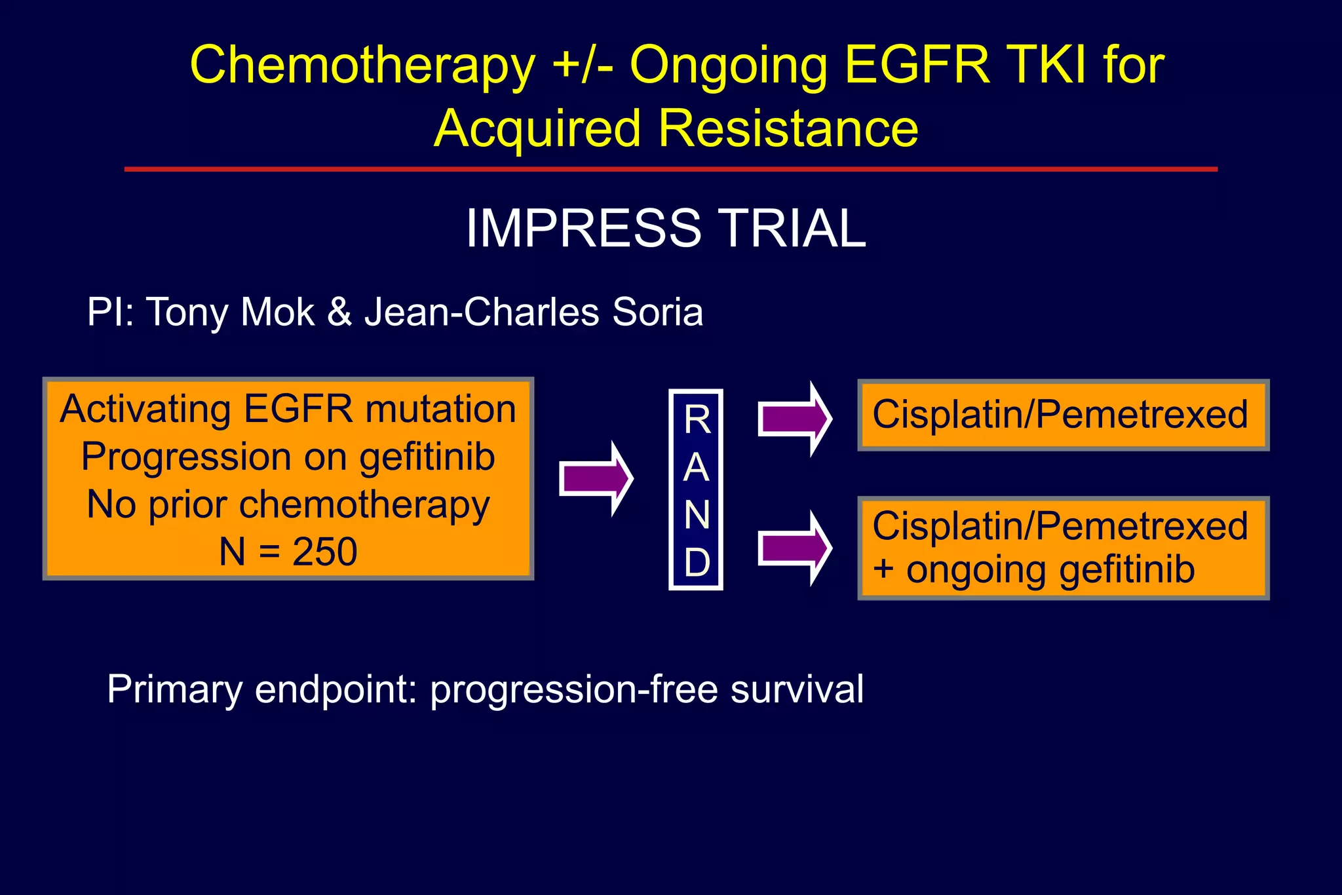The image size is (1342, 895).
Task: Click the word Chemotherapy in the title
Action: tap(362, 66)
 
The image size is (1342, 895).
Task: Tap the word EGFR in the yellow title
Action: tap(917, 66)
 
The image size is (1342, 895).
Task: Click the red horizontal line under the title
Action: tap(670, 170)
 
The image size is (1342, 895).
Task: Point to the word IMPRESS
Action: tap(583, 228)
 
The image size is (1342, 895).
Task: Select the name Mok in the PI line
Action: tap(277, 312)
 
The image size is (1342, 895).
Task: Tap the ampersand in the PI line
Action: tap(339, 312)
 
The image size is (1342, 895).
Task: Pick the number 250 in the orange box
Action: tap(324, 552)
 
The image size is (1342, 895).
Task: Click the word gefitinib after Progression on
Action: tap(427, 457)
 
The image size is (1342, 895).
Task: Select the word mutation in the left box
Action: tap(440, 409)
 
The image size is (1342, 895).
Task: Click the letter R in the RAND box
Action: tap(697, 420)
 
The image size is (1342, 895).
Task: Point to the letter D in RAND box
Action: tap(697, 562)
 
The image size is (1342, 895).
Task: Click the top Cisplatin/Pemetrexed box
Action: tap(1062, 415)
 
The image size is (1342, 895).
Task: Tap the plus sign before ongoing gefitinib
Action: tap(883, 568)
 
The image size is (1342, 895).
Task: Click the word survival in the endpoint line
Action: tap(797, 689)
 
